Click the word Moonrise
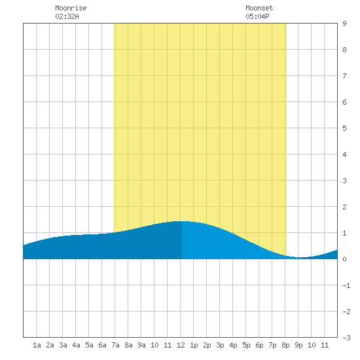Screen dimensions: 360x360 [x=71, y=8]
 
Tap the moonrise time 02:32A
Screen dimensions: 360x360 [x=67, y=16]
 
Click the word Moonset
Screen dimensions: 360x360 [x=259, y=8]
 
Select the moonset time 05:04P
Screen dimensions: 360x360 [x=257, y=16]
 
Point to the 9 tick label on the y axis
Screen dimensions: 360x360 [x=344, y=24]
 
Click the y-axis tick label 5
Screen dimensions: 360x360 [x=344, y=128]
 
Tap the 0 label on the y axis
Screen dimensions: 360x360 [x=344, y=259]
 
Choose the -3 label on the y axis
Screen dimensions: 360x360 [x=346, y=338]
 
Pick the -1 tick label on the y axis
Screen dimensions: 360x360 [x=346, y=285]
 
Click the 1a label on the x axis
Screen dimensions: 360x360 [x=37, y=345]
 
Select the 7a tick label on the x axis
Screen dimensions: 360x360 [x=115, y=345]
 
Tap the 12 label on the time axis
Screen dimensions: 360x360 [x=181, y=345]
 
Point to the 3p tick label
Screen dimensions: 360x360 [x=220, y=345]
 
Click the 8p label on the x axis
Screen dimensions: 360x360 [x=285, y=345]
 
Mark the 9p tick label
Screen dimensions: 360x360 [x=298, y=345]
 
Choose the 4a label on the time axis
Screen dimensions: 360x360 [x=76, y=345]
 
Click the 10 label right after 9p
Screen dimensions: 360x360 [x=312, y=345]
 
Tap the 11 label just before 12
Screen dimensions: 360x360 [x=168, y=345]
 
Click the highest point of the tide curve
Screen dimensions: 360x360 [x=182, y=221]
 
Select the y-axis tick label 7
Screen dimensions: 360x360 [x=344, y=76]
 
